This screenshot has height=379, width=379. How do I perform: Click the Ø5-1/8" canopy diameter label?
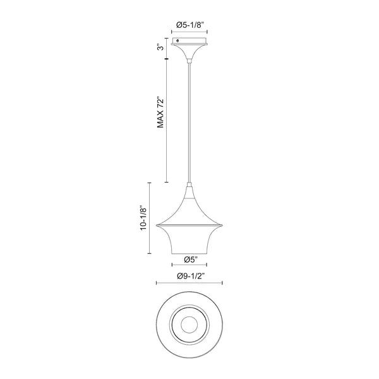(x=190, y=25)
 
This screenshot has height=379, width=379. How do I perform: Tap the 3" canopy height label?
(x=160, y=47)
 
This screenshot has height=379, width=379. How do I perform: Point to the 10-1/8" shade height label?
(x=143, y=218)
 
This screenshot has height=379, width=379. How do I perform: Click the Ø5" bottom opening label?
(x=191, y=260)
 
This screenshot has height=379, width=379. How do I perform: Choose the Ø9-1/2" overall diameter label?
(x=191, y=276)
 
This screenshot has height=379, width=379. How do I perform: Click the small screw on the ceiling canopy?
(x=178, y=41)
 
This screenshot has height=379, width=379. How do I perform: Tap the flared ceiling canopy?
(x=189, y=49)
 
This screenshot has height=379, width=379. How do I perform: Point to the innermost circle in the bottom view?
(x=189, y=324)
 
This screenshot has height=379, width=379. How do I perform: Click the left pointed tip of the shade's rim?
(x=157, y=226)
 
